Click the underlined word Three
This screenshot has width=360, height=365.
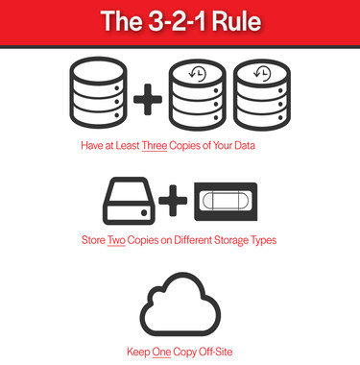tap(154, 149)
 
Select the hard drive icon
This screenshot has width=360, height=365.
tap(130, 203)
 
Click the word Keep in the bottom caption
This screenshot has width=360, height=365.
tap(138, 352)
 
